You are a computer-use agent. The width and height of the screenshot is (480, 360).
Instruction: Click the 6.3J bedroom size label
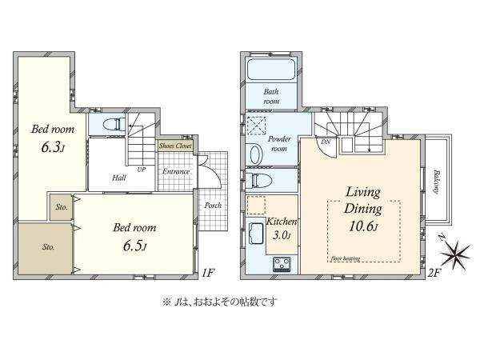pyautogui.click(x=53, y=148)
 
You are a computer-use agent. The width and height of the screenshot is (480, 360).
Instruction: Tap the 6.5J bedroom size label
pyautogui.click(x=134, y=246)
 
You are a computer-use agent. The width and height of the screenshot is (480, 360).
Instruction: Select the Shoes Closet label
pyautogui.click(x=175, y=146)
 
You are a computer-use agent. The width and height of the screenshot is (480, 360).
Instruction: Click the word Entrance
pyautogui.click(x=176, y=171)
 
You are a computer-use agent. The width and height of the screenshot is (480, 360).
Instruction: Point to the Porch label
pyautogui.click(x=213, y=205)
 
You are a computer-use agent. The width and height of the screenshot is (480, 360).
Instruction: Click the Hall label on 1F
pyautogui.click(x=118, y=178)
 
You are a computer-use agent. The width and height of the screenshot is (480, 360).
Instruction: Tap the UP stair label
pyautogui.click(x=141, y=170)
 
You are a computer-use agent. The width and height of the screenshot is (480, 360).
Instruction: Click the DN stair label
pyautogui.click(x=326, y=142)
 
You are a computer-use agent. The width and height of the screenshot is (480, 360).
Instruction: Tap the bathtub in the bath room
pyautogui.click(x=271, y=70)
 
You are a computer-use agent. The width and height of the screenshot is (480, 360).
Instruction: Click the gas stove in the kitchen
pyautogui.click(x=282, y=265)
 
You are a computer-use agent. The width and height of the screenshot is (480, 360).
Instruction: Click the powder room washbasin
pyautogui.click(x=257, y=155)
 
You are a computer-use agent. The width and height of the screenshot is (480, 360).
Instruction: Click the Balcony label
pyautogui.click(x=436, y=182)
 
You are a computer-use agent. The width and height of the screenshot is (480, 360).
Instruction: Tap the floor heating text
pyautogui.click(x=346, y=258)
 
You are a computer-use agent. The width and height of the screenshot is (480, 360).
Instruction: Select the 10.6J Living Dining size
pyautogui.click(x=363, y=226)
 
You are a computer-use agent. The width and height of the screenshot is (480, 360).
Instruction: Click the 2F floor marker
pyautogui.click(x=434, y=273)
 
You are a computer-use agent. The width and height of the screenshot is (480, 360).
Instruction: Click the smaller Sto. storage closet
pyautogui.click(x=61, y=207)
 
